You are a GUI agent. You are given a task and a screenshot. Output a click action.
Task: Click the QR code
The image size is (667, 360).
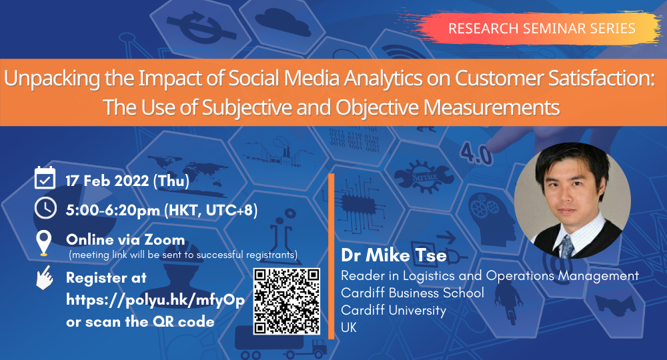287,301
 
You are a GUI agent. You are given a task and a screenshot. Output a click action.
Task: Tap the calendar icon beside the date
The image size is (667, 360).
45,177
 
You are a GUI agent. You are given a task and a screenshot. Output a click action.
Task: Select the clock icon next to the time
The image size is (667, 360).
45,208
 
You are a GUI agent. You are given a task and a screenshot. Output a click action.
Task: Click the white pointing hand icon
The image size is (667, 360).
44,277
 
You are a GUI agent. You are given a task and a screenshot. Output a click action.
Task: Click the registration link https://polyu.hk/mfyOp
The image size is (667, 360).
155,301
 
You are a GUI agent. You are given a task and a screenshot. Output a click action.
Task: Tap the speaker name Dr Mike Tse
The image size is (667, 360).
394,255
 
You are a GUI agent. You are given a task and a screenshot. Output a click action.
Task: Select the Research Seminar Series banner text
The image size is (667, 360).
542,29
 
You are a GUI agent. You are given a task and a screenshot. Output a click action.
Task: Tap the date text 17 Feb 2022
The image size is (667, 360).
107,181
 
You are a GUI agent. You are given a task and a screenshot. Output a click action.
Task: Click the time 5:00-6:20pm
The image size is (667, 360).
113,210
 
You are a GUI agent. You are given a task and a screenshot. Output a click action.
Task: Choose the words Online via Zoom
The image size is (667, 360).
125,240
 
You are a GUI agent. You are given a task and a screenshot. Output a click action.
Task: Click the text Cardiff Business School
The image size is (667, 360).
412,293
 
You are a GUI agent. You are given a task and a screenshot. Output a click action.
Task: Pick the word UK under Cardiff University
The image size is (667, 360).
349,327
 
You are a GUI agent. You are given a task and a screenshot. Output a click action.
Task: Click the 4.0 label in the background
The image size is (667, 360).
476,154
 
